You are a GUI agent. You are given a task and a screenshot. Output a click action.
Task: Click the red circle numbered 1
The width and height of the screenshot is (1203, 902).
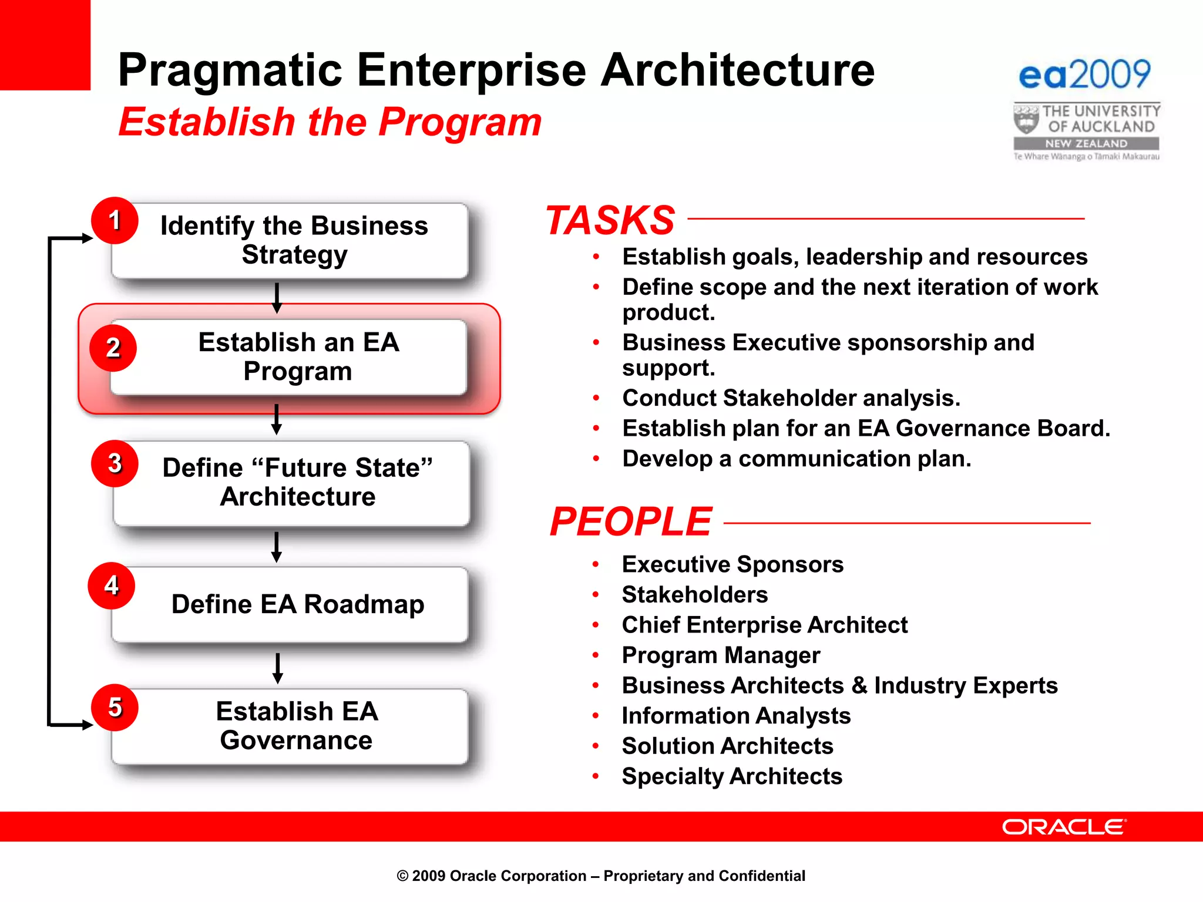coord(115,221)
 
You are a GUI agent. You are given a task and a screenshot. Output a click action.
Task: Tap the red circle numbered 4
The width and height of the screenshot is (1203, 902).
coord(112,585)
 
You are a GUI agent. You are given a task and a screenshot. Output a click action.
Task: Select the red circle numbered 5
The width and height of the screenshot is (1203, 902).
coord(115,708)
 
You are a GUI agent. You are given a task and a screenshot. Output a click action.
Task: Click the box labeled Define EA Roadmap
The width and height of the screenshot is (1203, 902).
coord(297,605)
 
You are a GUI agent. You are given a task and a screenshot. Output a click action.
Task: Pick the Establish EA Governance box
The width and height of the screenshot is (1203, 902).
coord(297,726)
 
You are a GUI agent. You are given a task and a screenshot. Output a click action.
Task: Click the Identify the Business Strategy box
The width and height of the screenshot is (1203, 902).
coord(294,241)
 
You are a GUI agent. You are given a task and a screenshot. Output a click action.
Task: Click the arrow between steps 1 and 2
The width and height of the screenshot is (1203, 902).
coord(277,298)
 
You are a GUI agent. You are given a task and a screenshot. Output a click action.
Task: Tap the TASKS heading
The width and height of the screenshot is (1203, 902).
coord(610,221)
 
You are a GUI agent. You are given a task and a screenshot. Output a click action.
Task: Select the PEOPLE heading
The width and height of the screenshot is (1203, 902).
coord(631,521)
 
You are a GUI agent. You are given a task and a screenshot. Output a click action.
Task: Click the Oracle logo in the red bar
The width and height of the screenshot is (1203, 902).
coord(1064,827)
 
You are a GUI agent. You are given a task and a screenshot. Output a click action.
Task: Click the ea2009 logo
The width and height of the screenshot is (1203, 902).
coord(1084,75)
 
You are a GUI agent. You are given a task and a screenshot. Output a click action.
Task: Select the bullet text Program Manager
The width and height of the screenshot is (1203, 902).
coord(721,655)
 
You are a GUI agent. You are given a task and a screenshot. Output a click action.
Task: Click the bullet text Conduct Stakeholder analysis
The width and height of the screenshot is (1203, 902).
coord(791,398)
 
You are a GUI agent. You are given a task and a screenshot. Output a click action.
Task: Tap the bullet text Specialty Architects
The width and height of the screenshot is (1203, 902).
coord(732,776)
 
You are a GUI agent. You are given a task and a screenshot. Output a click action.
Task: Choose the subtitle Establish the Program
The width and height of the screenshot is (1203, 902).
coord(330,122)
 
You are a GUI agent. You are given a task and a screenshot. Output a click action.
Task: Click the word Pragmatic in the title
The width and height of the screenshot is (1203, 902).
coord(230,70)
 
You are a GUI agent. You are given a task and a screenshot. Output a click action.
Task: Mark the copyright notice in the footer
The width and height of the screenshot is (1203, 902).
coord(601,876)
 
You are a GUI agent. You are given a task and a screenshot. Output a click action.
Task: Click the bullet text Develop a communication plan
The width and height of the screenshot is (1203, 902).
coord(797,459)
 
